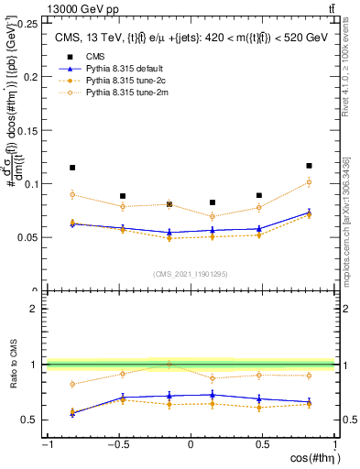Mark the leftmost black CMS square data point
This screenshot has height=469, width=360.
click(72, 168)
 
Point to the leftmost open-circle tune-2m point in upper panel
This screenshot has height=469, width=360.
click(72, 194)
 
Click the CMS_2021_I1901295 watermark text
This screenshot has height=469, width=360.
click(191, 274)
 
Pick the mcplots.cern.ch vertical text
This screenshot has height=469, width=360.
click(346, 220)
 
